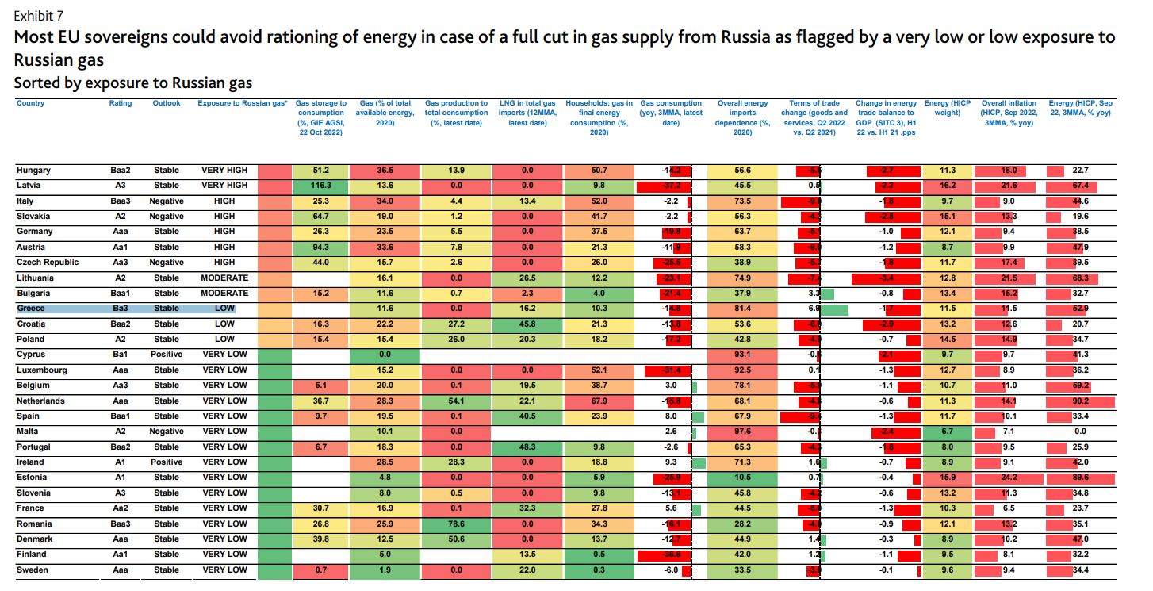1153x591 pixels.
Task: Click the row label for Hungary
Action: tap(33, 171)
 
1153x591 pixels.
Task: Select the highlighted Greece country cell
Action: tap(32, 309)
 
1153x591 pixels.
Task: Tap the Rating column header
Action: tap(121, 104)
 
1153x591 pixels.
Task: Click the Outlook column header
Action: tap(167, 104)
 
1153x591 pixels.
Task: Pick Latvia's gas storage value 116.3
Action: tap(320, 186)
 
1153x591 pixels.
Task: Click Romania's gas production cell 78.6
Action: tap(456, 524)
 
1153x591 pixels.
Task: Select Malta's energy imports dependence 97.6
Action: tap(743, 432)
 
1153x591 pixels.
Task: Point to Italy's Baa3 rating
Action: tap(121, 201)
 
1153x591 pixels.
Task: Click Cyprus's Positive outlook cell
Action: tap(167, 355)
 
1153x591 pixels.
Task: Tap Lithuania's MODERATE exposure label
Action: tap(224, 278)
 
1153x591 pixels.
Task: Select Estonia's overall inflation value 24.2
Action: tap(1009, 478)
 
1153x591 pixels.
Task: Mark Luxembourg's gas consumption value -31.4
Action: tap(670, 370)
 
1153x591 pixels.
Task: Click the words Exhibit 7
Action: tap(39, 16)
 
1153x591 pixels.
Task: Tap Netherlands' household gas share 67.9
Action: tap(599, 401)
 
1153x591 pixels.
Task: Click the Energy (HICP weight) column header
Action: tap(947, 109)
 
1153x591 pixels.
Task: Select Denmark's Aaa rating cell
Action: tap(121, 539)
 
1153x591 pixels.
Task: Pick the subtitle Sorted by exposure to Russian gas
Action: tap(133, 83)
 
